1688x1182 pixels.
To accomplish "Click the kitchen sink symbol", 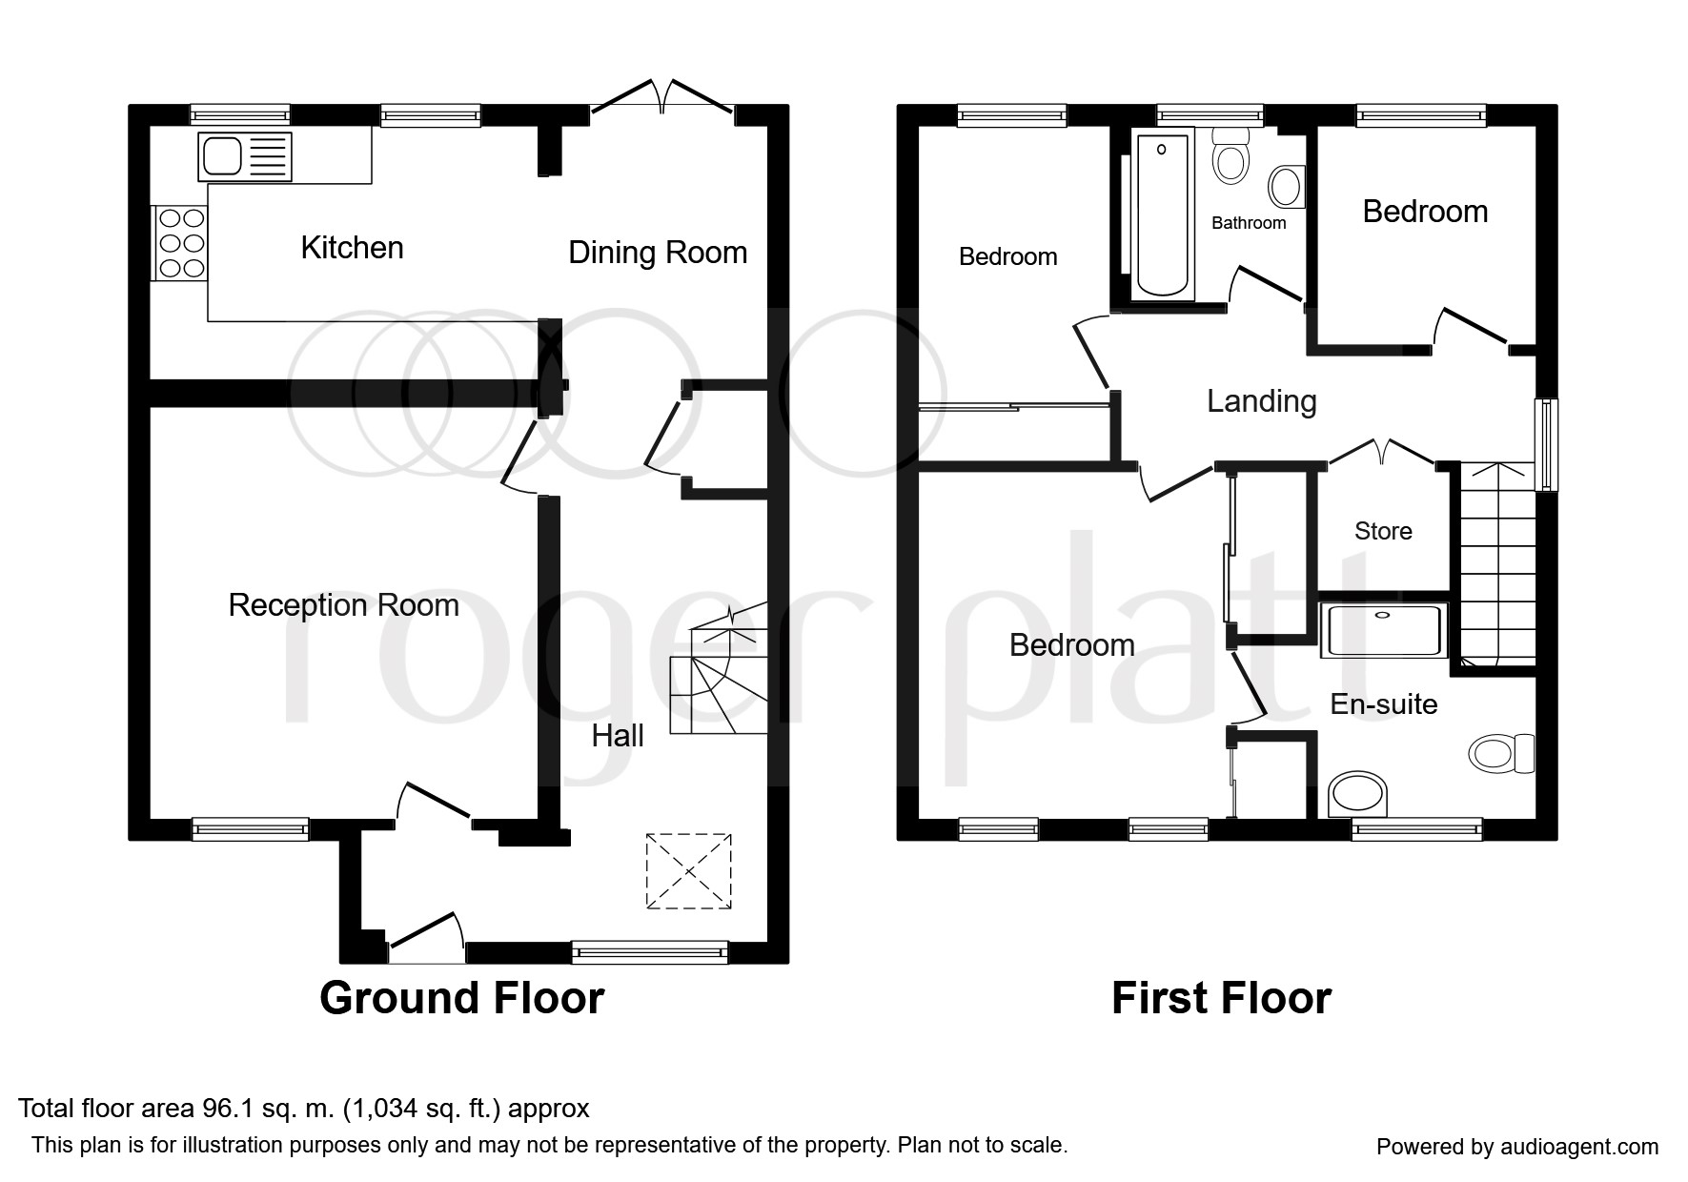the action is tap(245, 155).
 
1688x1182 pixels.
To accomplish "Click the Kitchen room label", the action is tap(353, 248).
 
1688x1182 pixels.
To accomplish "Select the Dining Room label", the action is tap(658, 253).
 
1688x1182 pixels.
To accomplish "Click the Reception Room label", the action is tap(344, 605).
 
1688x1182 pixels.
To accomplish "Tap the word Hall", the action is tap(618, 736).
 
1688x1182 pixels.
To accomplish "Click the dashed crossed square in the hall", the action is tap(688, 871).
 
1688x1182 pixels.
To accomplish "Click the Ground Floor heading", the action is tap(462, 998).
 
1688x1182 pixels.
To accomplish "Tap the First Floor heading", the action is tap(1221, 998).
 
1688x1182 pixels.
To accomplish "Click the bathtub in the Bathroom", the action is tap(1162, 215).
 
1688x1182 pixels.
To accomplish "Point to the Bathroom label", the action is tap(1249, 223).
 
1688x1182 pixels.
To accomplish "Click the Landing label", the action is tap(1262, 401).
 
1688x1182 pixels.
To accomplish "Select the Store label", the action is tap(1383, 531).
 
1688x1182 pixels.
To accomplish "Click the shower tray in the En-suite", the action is tap(1384, 630).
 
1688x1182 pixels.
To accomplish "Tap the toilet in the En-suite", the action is tap(1501, 754).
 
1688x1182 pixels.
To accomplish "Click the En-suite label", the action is tap(1384, 704).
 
